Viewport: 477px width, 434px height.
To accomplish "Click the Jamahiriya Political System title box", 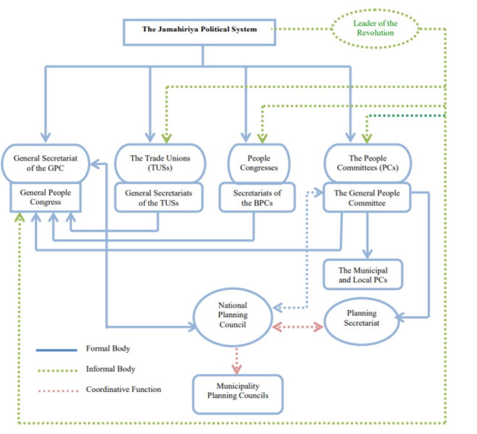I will (199, 30).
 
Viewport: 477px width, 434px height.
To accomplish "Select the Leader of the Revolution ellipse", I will (375, 28).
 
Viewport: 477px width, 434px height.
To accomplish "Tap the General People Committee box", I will (367, 198).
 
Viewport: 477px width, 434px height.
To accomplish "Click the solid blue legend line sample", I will (57, 350).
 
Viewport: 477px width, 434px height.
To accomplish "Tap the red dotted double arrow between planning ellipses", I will (297, 327).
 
